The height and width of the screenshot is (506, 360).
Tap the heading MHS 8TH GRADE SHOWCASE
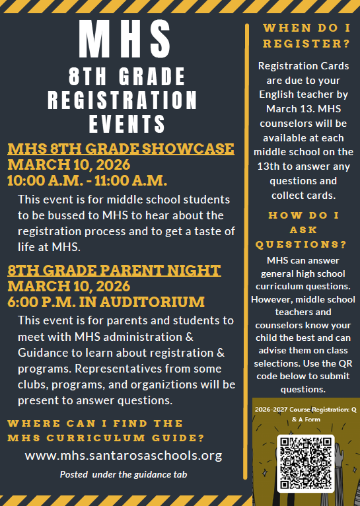click(x=121, y=148)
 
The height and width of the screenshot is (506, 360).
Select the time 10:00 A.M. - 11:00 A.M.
click(x=87, y=180)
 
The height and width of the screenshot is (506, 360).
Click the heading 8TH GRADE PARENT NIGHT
click(x=114, y=270)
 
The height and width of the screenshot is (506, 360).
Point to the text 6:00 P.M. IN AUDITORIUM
click(x=106, y=303)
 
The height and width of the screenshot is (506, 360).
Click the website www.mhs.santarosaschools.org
click(x=124, y=455)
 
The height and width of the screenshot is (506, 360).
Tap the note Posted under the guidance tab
click(x=124, y=474)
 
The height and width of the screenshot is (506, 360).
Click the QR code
click(x=305, y=463)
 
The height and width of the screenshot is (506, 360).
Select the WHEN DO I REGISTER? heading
click(x=305, y=36)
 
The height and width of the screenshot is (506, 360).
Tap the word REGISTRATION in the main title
click(x=123, y=100)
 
